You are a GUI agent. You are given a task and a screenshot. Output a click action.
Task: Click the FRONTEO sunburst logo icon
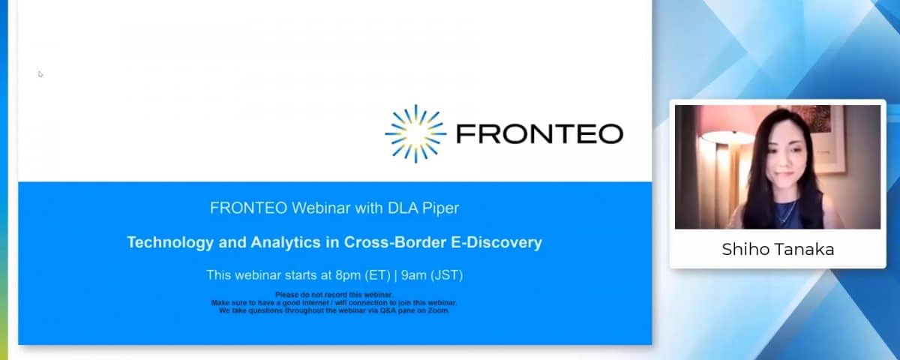[415, 133]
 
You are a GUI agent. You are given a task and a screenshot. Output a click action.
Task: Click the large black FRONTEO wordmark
[539, 133]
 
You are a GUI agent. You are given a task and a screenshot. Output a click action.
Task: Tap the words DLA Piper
[423, 208]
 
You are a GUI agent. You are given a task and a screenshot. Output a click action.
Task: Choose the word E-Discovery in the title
[496, 243]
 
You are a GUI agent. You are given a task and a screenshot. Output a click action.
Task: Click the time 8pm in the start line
[348, 275]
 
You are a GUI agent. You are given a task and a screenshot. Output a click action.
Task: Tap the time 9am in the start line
[414, 275]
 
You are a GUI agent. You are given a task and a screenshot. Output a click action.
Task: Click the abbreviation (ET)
[378, 275]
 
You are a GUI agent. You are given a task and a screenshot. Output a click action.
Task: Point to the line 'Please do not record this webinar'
[334, 295]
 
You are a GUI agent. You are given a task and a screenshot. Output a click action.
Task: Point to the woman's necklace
[788, 212]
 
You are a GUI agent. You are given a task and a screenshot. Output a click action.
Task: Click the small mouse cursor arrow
[40, 74]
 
